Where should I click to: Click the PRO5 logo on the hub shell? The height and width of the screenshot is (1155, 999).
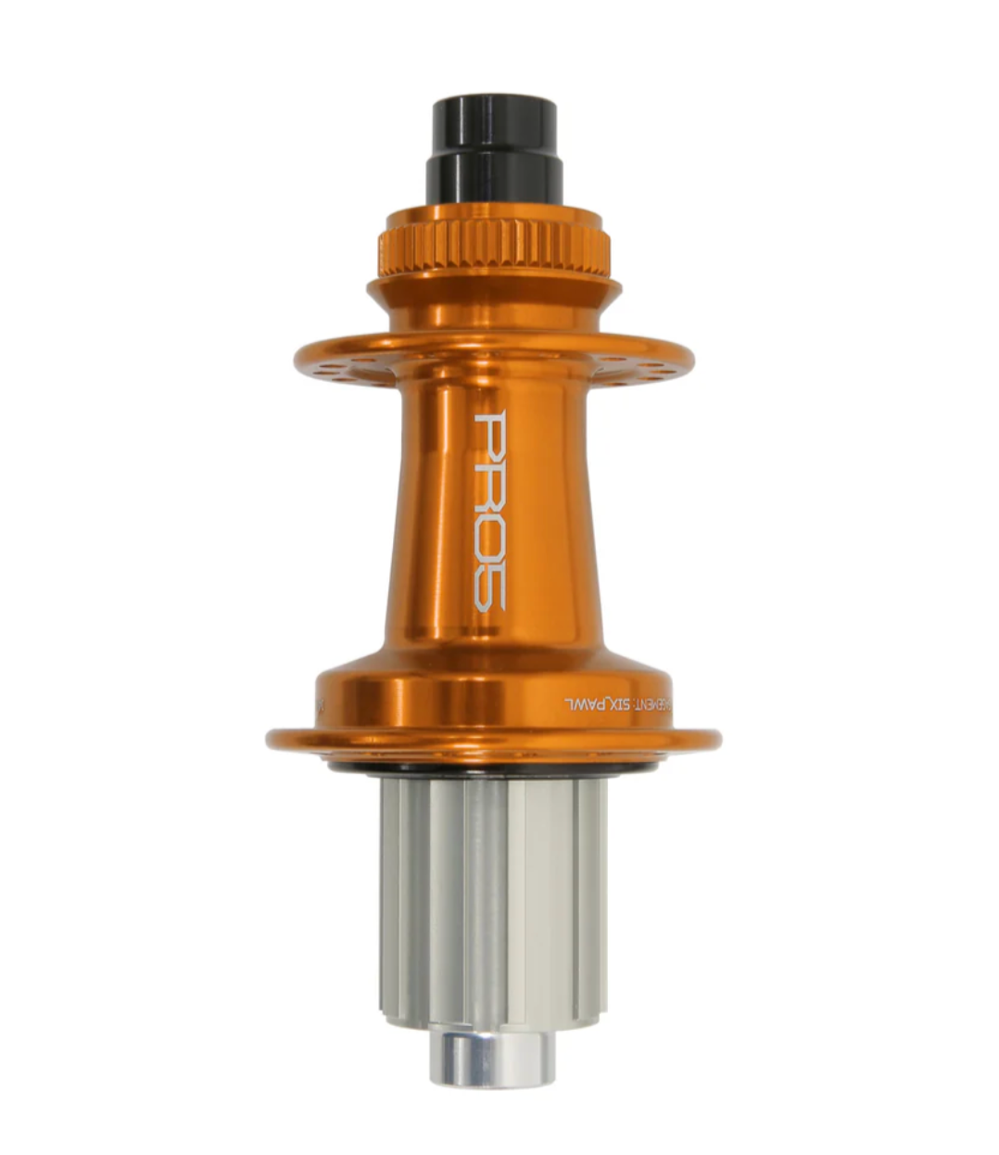click(489, 511)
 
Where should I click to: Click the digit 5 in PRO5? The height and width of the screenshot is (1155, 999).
click(489, 588)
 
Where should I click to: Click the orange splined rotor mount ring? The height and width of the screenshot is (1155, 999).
click(493, 245)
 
